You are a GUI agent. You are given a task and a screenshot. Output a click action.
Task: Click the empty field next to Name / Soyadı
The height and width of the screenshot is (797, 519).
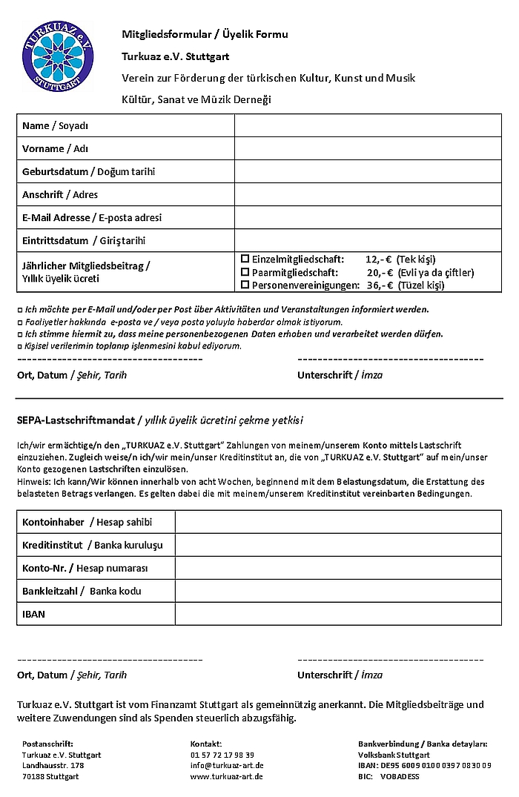(x=368, y=126)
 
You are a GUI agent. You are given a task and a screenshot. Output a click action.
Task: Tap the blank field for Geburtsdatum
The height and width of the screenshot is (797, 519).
(x=368, y=172)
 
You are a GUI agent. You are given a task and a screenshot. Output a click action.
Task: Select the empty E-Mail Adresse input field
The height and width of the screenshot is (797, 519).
(x=368, y=218)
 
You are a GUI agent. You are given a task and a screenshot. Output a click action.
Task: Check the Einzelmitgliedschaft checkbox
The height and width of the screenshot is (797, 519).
(x=245, y=259)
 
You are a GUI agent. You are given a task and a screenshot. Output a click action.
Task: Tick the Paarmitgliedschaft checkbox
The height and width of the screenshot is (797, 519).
(x=245, y=272)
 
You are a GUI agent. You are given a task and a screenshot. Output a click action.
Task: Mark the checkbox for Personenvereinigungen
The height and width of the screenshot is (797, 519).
(x=245, y=285)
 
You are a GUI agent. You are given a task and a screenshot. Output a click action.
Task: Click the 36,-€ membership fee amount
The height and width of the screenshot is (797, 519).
(x=379, y=285)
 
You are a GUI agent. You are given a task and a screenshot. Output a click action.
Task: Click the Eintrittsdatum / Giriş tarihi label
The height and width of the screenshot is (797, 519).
(x=84, y=241)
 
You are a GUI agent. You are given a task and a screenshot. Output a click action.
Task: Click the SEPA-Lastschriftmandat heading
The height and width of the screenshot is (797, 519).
(x=76, y=420)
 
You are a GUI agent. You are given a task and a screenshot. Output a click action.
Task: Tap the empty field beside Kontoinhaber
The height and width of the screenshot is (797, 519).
(x=338, y=522)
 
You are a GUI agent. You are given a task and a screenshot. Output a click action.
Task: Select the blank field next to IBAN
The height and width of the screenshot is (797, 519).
(x=338, y=614)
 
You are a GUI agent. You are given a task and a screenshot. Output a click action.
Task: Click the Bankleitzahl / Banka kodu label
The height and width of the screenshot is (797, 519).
(x=82, y=591)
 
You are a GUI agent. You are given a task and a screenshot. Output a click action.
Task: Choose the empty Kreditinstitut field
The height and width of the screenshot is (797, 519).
(x=338, y=545)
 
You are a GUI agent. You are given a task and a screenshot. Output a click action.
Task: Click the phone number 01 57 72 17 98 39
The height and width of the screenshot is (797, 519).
(x=222, y=755)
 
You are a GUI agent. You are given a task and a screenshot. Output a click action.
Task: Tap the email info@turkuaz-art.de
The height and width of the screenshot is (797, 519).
(x=227, y=765)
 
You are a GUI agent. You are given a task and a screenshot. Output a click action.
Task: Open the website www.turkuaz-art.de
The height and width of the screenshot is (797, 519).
(x=226, y=776)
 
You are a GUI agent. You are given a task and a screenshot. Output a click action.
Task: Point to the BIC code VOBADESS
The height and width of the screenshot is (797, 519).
(x=400, y=776)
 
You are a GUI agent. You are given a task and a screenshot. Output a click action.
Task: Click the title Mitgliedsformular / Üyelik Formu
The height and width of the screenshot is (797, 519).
(x=205, y=34)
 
